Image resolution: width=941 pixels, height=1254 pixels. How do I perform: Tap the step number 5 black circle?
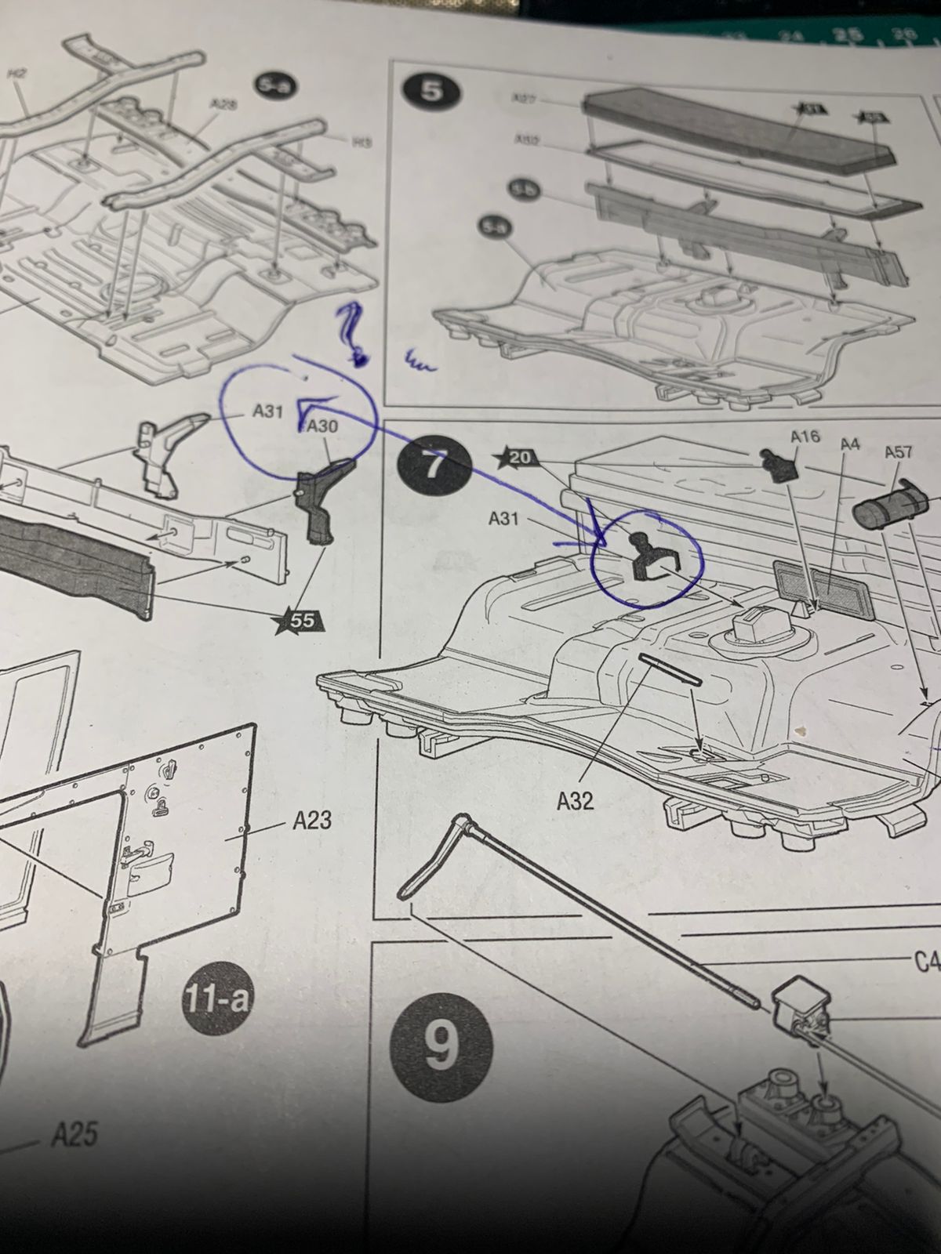pos(431,92)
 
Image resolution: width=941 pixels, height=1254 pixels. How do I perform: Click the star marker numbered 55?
pos(299,620)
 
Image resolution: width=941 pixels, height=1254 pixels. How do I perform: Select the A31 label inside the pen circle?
pos(267,411)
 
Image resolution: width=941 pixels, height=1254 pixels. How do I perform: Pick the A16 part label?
pos(805,437)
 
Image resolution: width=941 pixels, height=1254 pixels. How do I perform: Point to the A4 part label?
pos(850,444)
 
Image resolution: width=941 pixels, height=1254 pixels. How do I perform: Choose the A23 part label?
pos(312,821)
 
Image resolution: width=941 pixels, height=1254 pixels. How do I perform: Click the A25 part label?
pos(75,1136)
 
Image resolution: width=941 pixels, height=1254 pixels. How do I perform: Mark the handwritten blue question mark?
pos(351,333)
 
